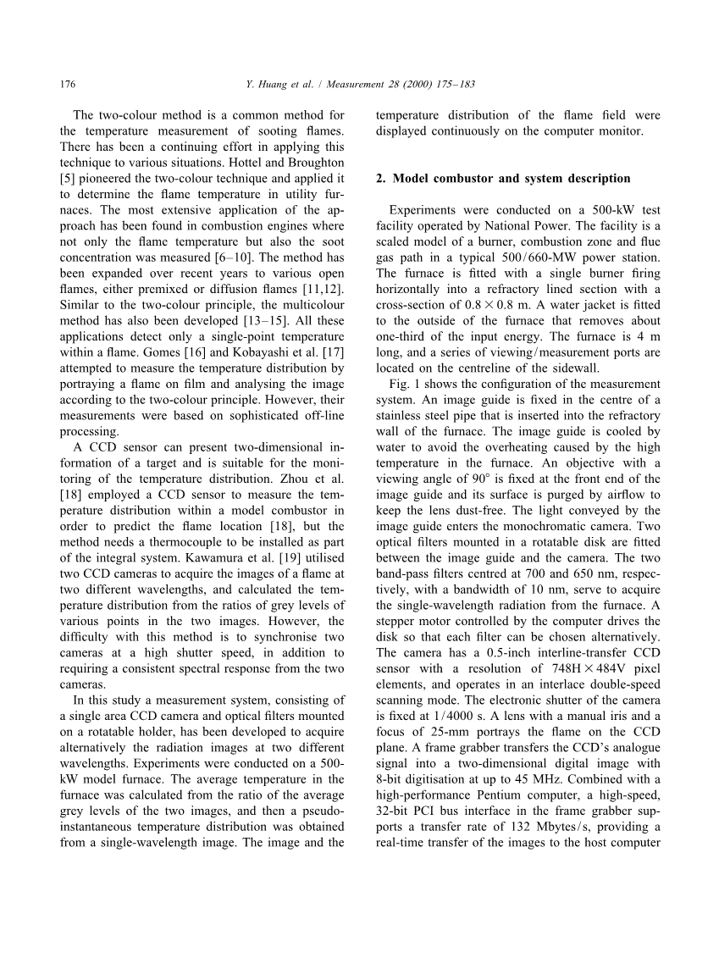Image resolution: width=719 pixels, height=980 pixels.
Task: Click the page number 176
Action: coord(69,85)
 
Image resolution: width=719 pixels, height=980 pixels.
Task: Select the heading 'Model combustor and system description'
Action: coord(512,179)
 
